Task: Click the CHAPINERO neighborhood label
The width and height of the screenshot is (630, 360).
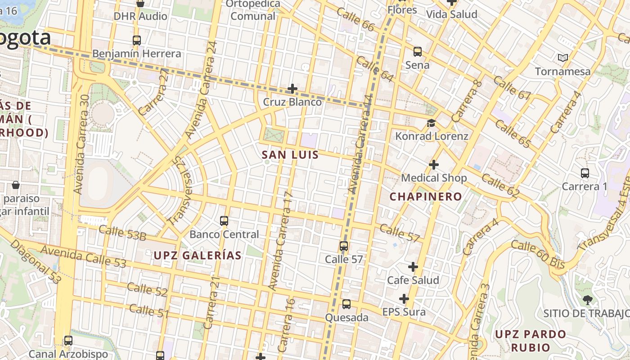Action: coord(426,197)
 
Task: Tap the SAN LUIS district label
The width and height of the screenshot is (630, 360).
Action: coord(290,155)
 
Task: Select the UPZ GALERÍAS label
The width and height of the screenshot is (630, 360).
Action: coord(198,256)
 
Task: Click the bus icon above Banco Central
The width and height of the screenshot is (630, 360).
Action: coord(224,221)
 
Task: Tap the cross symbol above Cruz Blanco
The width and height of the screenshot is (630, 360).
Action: coord(292,89)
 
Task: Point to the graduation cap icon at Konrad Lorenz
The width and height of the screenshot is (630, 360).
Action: coord(432,123)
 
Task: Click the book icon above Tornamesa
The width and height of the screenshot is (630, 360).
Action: coord(562,58)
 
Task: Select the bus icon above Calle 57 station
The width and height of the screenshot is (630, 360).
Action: coord(344,246)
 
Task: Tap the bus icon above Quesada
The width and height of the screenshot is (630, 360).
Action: coord(346,304)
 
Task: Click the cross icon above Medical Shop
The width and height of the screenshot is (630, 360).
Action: coord(434,165)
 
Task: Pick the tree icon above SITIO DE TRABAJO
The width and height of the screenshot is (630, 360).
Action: coord(587,300)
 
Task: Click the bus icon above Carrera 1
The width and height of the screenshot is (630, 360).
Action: coord(585,173)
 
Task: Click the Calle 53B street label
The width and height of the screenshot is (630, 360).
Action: coord(122,233)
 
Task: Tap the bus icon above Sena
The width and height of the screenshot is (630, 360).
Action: coord(418,52)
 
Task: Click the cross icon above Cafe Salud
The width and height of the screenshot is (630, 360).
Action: coord(413,267)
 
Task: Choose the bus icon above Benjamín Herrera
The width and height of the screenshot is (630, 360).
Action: coord(137,40)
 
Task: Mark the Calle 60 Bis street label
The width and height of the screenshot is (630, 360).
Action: coord(538,254)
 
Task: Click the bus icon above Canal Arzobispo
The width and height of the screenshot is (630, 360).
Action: coord(68,341)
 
